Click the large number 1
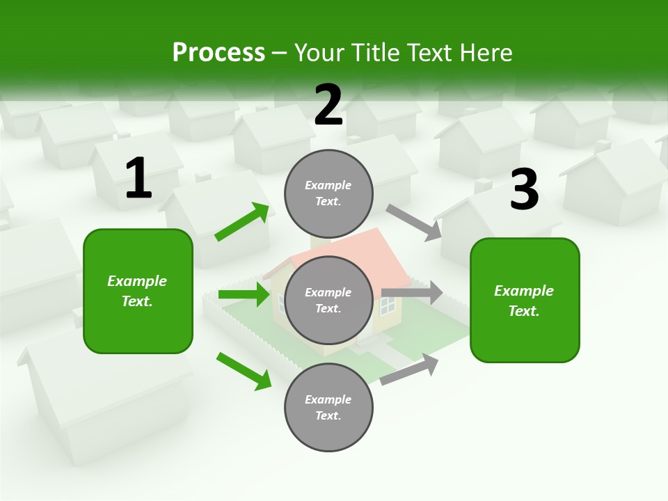138,179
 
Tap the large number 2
328,106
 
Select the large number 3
524,190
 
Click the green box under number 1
138,291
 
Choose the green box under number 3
525,300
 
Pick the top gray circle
328,193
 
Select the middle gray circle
328,300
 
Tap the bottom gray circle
328,407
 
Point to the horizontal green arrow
244,294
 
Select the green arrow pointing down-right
244,371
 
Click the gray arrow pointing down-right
414,223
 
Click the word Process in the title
218,52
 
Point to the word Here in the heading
486,52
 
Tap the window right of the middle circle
387,305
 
